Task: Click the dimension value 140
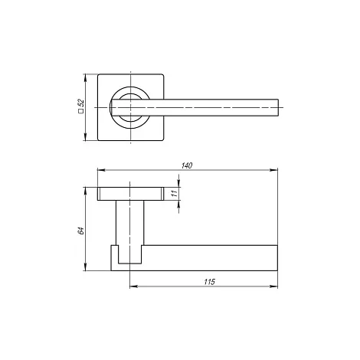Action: click(187, 165)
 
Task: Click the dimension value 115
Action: click(210, 282)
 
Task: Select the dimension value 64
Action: click(80, 231)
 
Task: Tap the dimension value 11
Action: click(175, 193)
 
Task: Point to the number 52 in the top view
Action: click(81, 103)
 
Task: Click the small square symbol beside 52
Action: click(81, 111)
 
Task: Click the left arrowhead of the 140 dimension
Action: click(101, 170)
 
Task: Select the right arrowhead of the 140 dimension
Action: click(273, 170)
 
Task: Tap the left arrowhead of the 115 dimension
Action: click(133, 286)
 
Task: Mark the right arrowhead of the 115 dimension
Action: click(273, 286)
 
